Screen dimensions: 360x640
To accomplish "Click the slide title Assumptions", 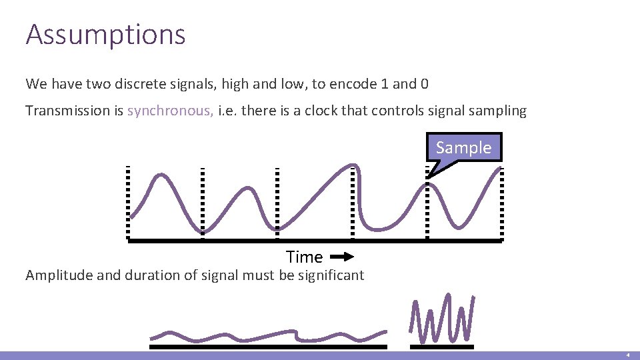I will pos(105,35).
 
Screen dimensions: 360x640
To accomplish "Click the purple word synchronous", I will pos(170,111).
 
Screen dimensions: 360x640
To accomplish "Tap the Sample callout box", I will pos(463,147).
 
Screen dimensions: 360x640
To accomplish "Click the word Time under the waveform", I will pos(304,257).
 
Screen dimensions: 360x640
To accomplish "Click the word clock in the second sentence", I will pos(322,111).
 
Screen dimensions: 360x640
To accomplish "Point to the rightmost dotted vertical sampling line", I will pos(502,203).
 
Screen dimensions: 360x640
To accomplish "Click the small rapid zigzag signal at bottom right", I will pos(443,319).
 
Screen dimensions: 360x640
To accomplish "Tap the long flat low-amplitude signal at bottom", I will pos(267,335).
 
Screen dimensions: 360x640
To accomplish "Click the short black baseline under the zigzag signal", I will pos(441,347).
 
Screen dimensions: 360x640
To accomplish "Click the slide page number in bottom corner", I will pos(627,356).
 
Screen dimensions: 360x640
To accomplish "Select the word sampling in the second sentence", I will pos(497,111).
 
